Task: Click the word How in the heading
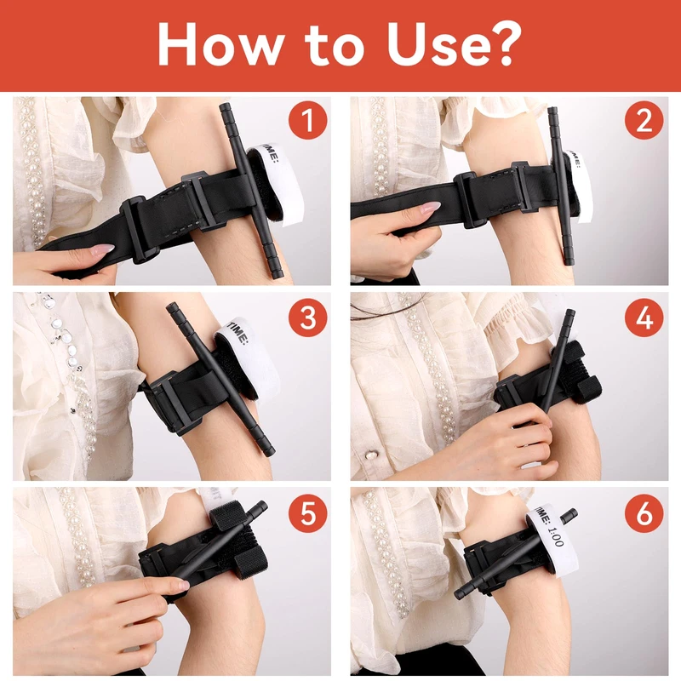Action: pos(220,44)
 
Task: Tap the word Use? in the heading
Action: pos(454,44)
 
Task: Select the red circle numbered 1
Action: pos(307,120)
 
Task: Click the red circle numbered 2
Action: pos(644,120)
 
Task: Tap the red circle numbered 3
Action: pos(307,318)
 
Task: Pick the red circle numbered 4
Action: pos(644,318)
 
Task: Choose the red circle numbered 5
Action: pos(307,513)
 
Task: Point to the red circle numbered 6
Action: pos(644,513)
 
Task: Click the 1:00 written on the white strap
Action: pos(556,537)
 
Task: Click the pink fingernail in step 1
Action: pos(102,249)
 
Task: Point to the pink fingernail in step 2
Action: pos(430,207)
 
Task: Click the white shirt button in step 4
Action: pos(371,455)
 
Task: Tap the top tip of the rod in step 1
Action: pos(225,106)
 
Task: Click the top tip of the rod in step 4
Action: pos(570,313)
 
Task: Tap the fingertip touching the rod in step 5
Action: pos(182,585)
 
